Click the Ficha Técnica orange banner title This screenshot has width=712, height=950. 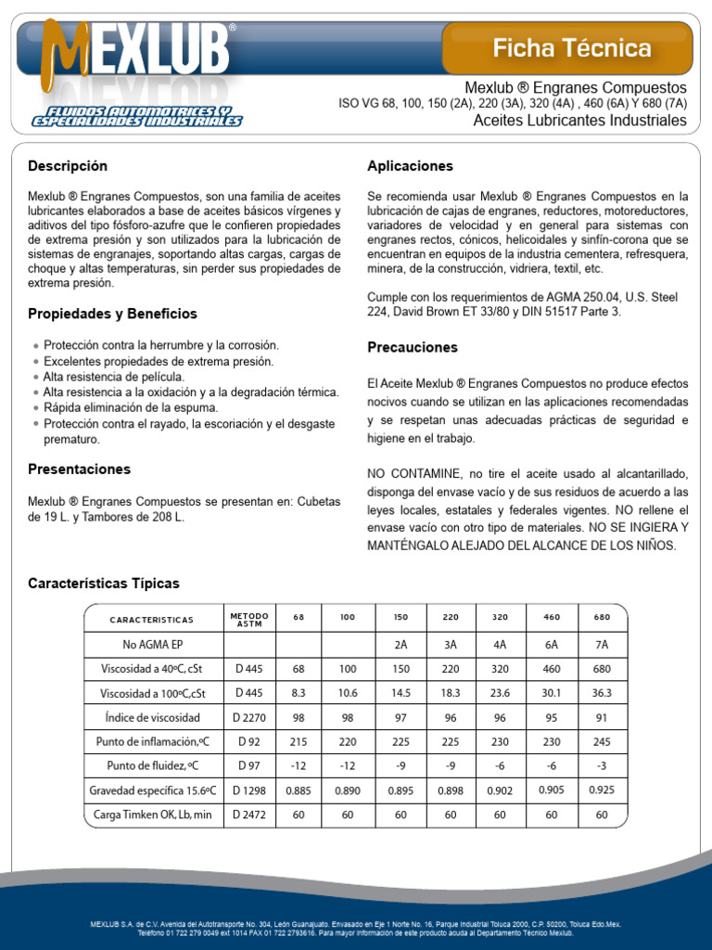pyautogui.click(x=571, y=48)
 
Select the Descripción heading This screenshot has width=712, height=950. pyautogui.click(x=68, y=166)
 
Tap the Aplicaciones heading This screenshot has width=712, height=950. pyautogui.click(x=410, y=166)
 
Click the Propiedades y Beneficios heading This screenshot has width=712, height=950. pyautogui.click(x=112, y=314)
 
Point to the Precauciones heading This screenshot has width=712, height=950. pyautogui.click(x=413, y=347)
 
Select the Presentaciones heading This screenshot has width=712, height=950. pyautogui.click(x=79, y=469)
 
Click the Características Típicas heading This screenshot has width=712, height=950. pyautogui.click(x=104, y=584)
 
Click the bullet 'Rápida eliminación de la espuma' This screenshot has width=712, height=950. pyautogui.click(x=131, y=407)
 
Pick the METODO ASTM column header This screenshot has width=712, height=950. pyautogui.click(x=248, y=619)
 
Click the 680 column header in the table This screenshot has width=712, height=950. pyautogui.click(x=602, y=618)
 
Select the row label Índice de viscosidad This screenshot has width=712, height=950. pyautogui.click(x=152, y=717)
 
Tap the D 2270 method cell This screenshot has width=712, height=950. pyautogui.click(x=248, y=717)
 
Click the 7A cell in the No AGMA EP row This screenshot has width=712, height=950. pyautogui.click(x=602, y=645)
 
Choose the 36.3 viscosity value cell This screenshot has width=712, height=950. pyautogui.click(x=602, y=692)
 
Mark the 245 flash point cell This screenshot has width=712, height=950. pyautogui.click(x=602, y=741)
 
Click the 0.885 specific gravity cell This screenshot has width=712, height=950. pyautogui.click(x=298, y=790)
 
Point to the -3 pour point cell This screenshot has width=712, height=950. pyautogui.click(x=602, y=765)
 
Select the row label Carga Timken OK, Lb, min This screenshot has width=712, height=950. pyautogui.click(x=152, y=815)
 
